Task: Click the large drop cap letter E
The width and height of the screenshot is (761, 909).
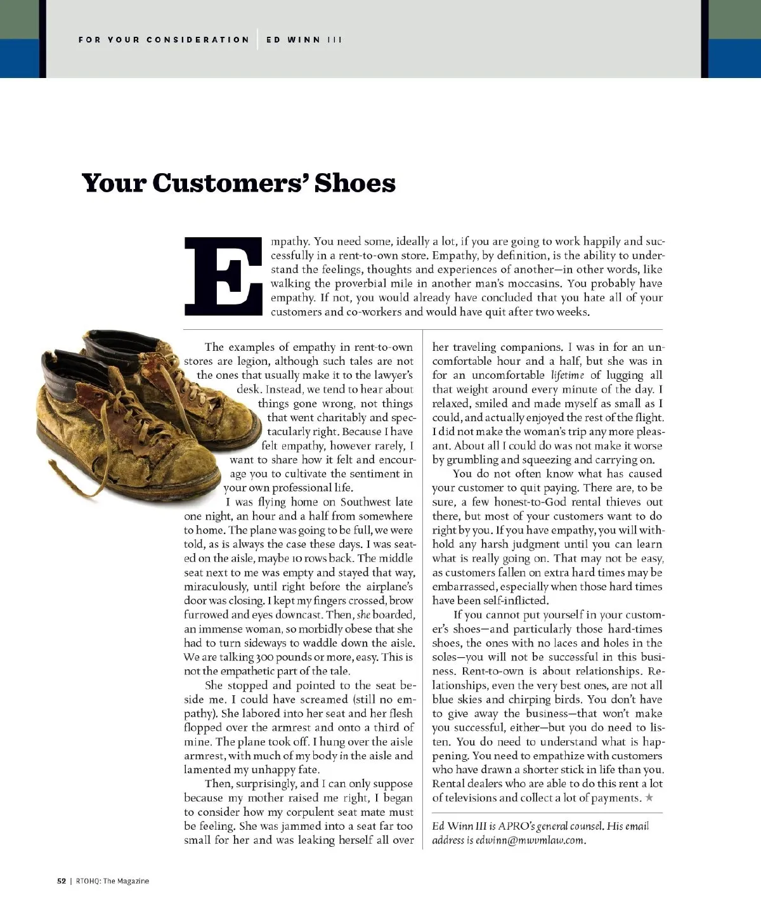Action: [222, 276]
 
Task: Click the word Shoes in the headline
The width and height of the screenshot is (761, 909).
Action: [355, 183]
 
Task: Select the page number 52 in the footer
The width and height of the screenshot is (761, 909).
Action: [62, 880]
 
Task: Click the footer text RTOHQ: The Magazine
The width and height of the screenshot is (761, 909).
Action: [112, 880]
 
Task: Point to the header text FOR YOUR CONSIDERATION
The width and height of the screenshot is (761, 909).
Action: [164, 39]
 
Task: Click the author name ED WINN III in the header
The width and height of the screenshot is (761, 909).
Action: [304, 39]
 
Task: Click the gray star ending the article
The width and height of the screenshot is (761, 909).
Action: [649, 798]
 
